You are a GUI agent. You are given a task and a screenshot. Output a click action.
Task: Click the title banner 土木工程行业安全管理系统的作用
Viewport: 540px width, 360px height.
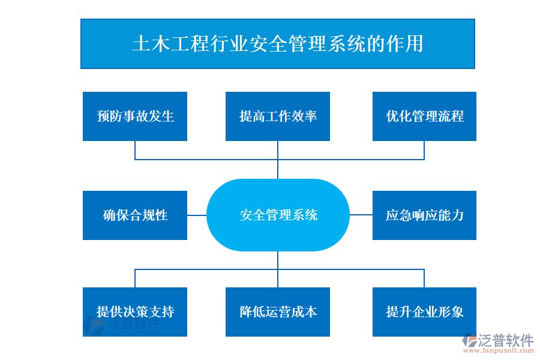pyautogui.click(x=277, y=44)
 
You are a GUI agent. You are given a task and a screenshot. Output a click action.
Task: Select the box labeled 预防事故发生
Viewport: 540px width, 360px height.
pyautogui.click(x=135, y=116)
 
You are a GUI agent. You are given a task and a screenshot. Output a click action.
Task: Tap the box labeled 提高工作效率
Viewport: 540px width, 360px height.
pyautogui.click(x=277, y=116)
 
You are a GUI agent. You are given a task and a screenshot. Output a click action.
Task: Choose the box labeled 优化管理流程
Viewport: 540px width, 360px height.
pyautogui.click(x=424, y=116)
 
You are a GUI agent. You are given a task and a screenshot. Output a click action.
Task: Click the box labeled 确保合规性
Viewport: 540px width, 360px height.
pyautogui.click(x=135, y=215)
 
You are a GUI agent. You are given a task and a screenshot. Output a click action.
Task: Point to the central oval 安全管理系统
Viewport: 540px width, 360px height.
pyautogui.click(x=278, y=215)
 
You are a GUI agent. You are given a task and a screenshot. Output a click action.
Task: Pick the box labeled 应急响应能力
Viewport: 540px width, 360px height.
pyautogui.click(x=424, y=215)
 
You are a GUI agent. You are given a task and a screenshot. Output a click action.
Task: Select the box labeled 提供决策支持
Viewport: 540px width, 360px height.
pyautogui.click(x=135, y=312)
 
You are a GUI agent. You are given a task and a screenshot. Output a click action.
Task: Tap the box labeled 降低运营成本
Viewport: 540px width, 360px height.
pyautogui.click(x=277, y=312)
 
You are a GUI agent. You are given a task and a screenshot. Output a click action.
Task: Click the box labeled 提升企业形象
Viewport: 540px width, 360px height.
pyautogui.click(x=424, y=312)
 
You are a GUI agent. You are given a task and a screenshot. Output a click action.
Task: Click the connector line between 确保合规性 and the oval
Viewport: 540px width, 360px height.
pyautogui.click(x=197, y=215)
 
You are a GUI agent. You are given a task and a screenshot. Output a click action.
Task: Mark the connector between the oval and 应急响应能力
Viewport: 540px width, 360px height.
pyautogui.click(x=361, y=215)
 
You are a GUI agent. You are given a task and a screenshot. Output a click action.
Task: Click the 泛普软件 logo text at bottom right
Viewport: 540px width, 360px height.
pyautogui.click(x=506, y=341)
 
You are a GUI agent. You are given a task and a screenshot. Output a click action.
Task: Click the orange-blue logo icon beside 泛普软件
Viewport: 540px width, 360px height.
pyautogui.click(x=468, y=343)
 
